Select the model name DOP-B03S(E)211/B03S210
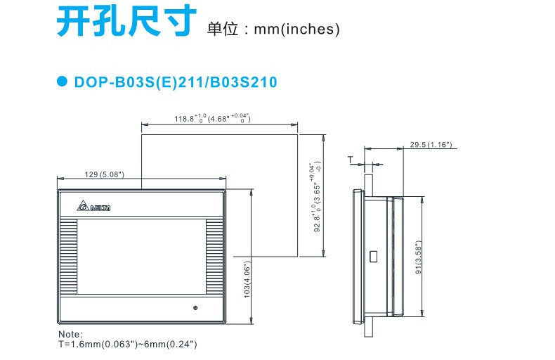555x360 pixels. pos(176,82)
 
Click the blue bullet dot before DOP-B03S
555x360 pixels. pos(61,82)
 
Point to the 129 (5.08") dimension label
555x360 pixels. pos(104,174)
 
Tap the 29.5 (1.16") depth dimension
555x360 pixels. pos(431,145)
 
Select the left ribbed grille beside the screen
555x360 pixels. pos(68,257)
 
